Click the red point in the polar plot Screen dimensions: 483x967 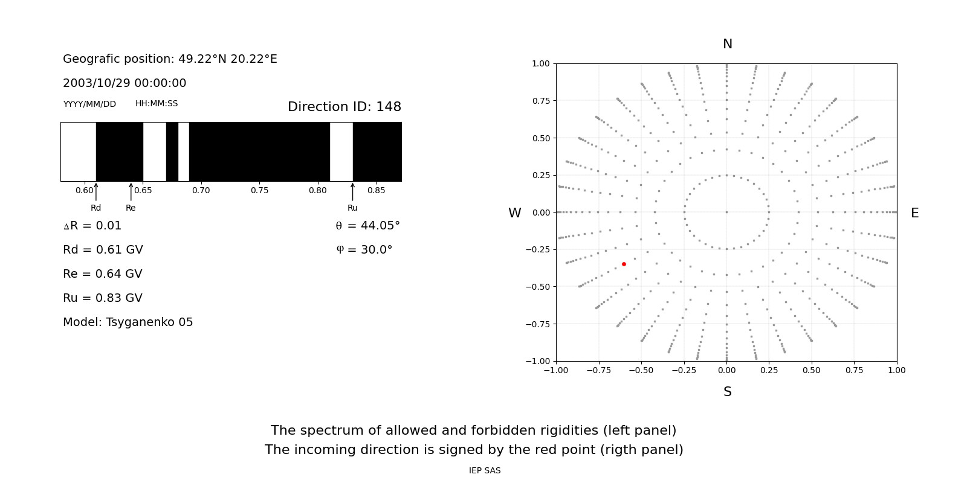(x=624, y=264)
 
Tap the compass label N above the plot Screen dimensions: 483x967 (x=727, y=44)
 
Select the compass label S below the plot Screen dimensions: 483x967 (x=727, y=392)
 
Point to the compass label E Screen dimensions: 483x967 (x=914, y=213)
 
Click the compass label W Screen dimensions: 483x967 (x=514, y=213)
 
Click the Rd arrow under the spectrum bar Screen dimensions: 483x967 (x=96, y=192)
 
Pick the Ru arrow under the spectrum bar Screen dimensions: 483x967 (x=352, y=192)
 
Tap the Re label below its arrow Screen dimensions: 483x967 (x=131, y=208)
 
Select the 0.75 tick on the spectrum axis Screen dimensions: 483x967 (x=259, y=190)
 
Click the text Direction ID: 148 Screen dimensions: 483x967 (x=344, y=107)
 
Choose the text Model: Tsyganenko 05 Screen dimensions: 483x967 (x=128, y=322)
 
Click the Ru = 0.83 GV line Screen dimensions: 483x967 (x=102, y=298)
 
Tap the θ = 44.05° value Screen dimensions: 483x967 (x=367, y=226)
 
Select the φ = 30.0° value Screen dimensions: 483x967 (x=364, y=250)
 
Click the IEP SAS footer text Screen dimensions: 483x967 (x=484, y=471)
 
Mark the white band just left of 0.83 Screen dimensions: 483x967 (x=341, y=152)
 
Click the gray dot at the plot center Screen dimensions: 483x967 (x=726, y=212)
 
